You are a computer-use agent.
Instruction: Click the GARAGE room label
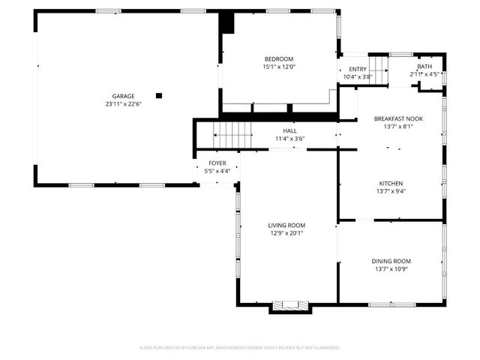click(x=124, y=96)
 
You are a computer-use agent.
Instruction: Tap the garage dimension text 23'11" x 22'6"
click(x=124, y=104)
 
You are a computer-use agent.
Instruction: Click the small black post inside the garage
click(x=158, y=95)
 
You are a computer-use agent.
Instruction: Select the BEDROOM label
click(x=278, y=59)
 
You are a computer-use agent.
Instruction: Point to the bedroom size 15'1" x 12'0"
click(x=278, y=67)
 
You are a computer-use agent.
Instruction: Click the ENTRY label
click(x=357, y=68)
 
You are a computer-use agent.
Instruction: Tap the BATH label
click(x=424, y=67)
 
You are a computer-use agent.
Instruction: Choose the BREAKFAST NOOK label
click(x=398, y=118)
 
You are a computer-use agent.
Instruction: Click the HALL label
click(x=289, y=130)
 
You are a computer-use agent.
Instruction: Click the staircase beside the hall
click(x=233, y=136)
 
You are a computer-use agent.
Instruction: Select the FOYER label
click(x=217, y=163)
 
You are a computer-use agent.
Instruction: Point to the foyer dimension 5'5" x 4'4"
click(x=217, y=170)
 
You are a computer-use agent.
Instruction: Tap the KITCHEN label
click(x=391, y=183)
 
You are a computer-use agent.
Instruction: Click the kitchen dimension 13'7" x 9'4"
click(x=391, y=191)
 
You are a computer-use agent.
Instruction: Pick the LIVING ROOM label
click(x=287, y=225)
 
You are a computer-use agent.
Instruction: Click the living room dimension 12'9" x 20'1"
click(x=287, y=233)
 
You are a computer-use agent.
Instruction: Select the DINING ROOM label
click(x=391, y=261)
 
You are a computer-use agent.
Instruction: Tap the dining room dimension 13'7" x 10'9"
click(x=391, y=269)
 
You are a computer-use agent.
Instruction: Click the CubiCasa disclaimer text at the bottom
click(x=240, y=348)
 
